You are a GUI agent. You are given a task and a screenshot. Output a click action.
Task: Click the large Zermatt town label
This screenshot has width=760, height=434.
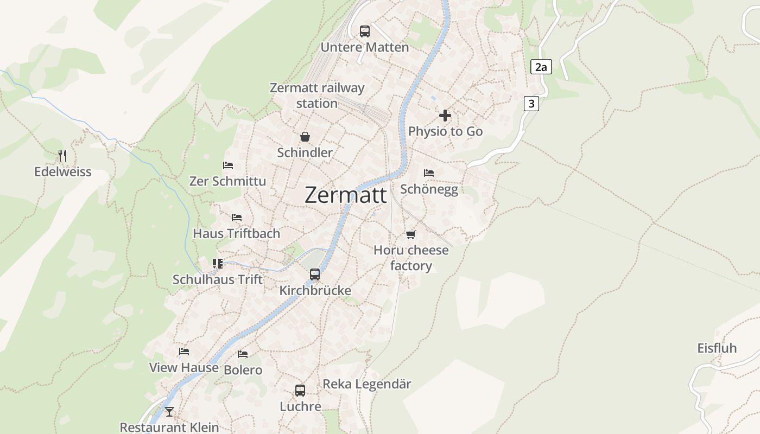pos(346,195)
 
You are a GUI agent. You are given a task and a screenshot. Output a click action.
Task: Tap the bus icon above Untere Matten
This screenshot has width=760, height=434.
pos(365,31)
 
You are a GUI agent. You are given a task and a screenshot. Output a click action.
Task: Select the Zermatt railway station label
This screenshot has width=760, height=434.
pos(317,95)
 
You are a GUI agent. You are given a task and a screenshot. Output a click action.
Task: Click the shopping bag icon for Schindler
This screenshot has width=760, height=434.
pos(305,137)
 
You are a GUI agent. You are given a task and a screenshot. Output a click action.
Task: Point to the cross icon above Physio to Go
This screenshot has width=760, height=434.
pos(445,116)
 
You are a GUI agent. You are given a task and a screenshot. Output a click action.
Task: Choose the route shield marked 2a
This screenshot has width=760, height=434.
pos(541,67)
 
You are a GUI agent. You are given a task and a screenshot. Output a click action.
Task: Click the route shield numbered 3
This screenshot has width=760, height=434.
pos(531,104)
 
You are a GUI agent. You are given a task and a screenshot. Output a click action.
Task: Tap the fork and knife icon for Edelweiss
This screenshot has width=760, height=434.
pos(62,156)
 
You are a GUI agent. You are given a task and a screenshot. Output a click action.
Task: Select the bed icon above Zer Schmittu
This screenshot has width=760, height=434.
pos(228,165)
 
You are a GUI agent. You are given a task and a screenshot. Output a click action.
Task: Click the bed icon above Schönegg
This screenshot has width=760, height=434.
pos(429,173)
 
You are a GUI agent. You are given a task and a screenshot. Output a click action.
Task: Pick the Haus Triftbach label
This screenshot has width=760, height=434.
pos(237,234)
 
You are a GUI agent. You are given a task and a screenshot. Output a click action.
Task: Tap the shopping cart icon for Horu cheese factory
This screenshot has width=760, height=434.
pos(411,234)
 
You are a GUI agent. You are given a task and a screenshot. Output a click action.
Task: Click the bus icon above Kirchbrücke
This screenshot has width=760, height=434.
pos(315,275)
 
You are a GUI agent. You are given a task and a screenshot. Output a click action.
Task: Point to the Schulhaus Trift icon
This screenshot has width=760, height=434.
pos(218,264)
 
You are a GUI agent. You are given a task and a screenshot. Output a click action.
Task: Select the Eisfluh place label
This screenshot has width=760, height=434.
pos(717,348)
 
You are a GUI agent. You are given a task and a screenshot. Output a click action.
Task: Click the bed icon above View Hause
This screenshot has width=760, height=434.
pos(184,352)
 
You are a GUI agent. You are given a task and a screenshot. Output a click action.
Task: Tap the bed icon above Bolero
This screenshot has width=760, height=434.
pos(243,354)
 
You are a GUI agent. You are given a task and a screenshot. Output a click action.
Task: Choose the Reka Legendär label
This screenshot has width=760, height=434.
pos(367,384)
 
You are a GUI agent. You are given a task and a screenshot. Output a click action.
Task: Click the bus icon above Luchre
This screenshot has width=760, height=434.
pos(300,391)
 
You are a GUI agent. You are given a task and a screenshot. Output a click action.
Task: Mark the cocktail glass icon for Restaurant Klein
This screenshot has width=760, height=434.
pos(169,412)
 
